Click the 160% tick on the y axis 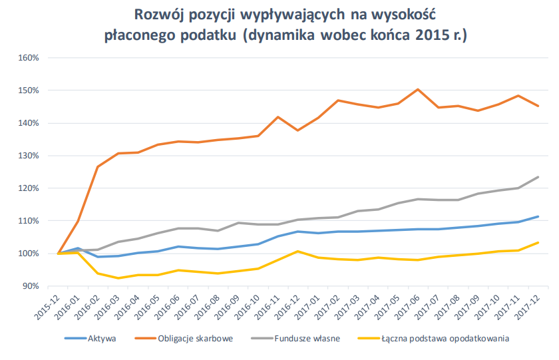point(29,58)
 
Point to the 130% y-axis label point(29,156)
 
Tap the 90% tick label point(31,286)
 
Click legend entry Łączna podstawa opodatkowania point(446,339)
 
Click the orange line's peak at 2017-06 point(417,89)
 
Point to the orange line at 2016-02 point(98,166)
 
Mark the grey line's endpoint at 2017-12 point(538,177)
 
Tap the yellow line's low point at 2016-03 point(118,278)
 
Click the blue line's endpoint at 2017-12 point(538,216)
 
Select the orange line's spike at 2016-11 point(278,117)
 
